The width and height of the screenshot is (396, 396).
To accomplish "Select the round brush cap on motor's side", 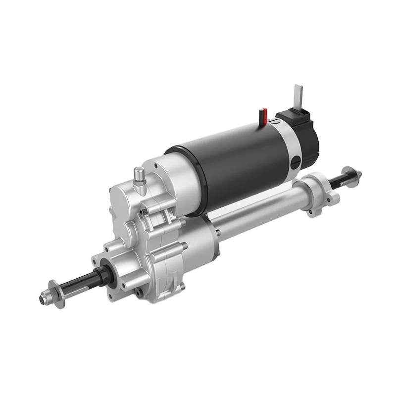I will pos(295,161).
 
